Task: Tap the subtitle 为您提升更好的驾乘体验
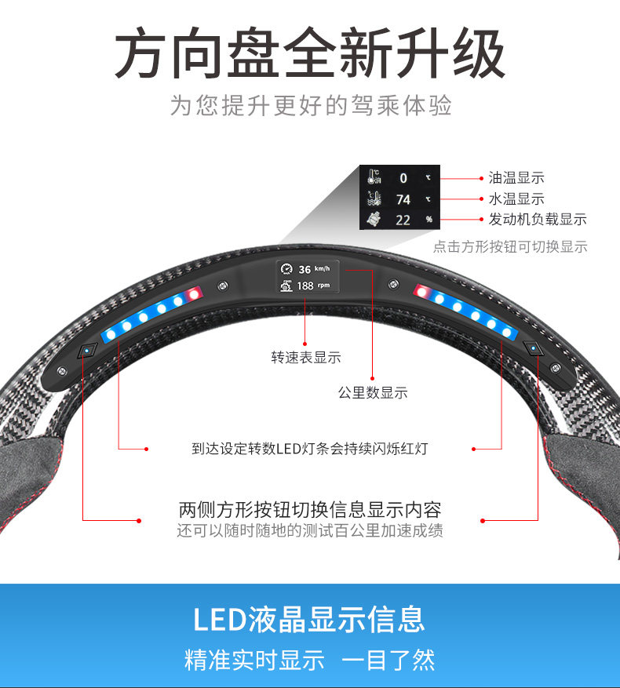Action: pyautogui.click(x=311, y=106)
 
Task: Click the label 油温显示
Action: pyautogui.click(x=516, y=178)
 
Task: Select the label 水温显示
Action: pyautogui.click(x=516, y=199)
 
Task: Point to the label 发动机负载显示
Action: pyautogui.click(x=538, y=220)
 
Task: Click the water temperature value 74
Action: pyautogui.click(x=403, y=199)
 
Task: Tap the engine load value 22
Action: pyautogui.click(x=403, y=220)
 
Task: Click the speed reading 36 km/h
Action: pyautogui.click(x=308, y=269)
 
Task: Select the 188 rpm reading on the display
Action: pyautogui.click(x=305, y=286)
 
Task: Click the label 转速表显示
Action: pyautogui.click(x=306, y=358)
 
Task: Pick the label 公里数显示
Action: pyautogui.click(x=373, y=392)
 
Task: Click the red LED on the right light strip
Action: pyautogui.click(x=422, y=293)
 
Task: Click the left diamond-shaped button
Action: pyautogui.click(x=87, y=350)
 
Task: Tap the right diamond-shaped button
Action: pyautogui.click(x=534, y=348)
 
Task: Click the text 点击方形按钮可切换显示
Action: pyautogui.click(x=510, y=246)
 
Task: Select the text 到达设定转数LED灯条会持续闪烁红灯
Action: pyautogui.click(x=310, y=450)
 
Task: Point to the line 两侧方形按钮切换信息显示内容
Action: pyautogui.click(x=310, y=510)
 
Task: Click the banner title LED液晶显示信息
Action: pyautogui.click(x=309, y=619)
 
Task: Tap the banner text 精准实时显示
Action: pyautogui.click(x=254, y=660)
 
